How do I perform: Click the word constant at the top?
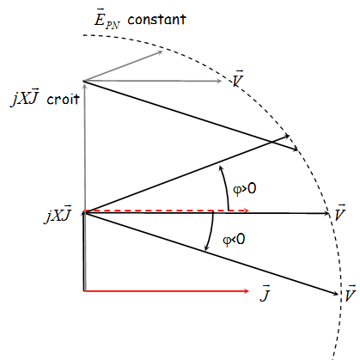157,20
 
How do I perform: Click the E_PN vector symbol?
107,21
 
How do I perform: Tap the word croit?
63,99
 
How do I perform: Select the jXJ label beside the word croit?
25,97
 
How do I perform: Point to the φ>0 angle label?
245,189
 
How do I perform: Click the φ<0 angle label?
234,239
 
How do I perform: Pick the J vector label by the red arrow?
265,293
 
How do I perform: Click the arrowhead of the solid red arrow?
247,291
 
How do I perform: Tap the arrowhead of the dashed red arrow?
247,211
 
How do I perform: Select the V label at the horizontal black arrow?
340,213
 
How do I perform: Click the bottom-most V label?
351,294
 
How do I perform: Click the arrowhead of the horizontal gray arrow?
219,82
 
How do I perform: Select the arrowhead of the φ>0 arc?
221,168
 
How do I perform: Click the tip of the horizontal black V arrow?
328,213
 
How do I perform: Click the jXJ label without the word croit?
58,214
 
